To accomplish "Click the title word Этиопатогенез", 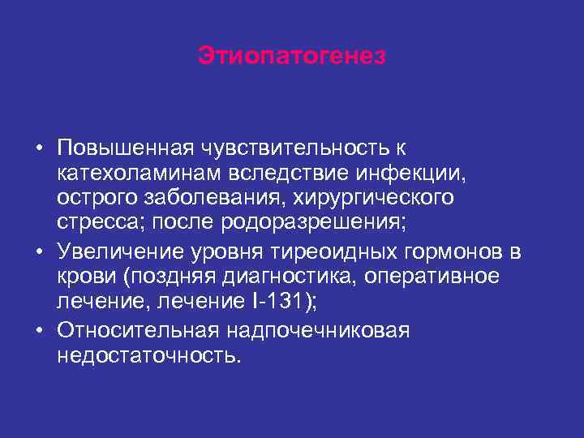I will tap(292, 57).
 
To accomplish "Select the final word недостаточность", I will tap(148, 355).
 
